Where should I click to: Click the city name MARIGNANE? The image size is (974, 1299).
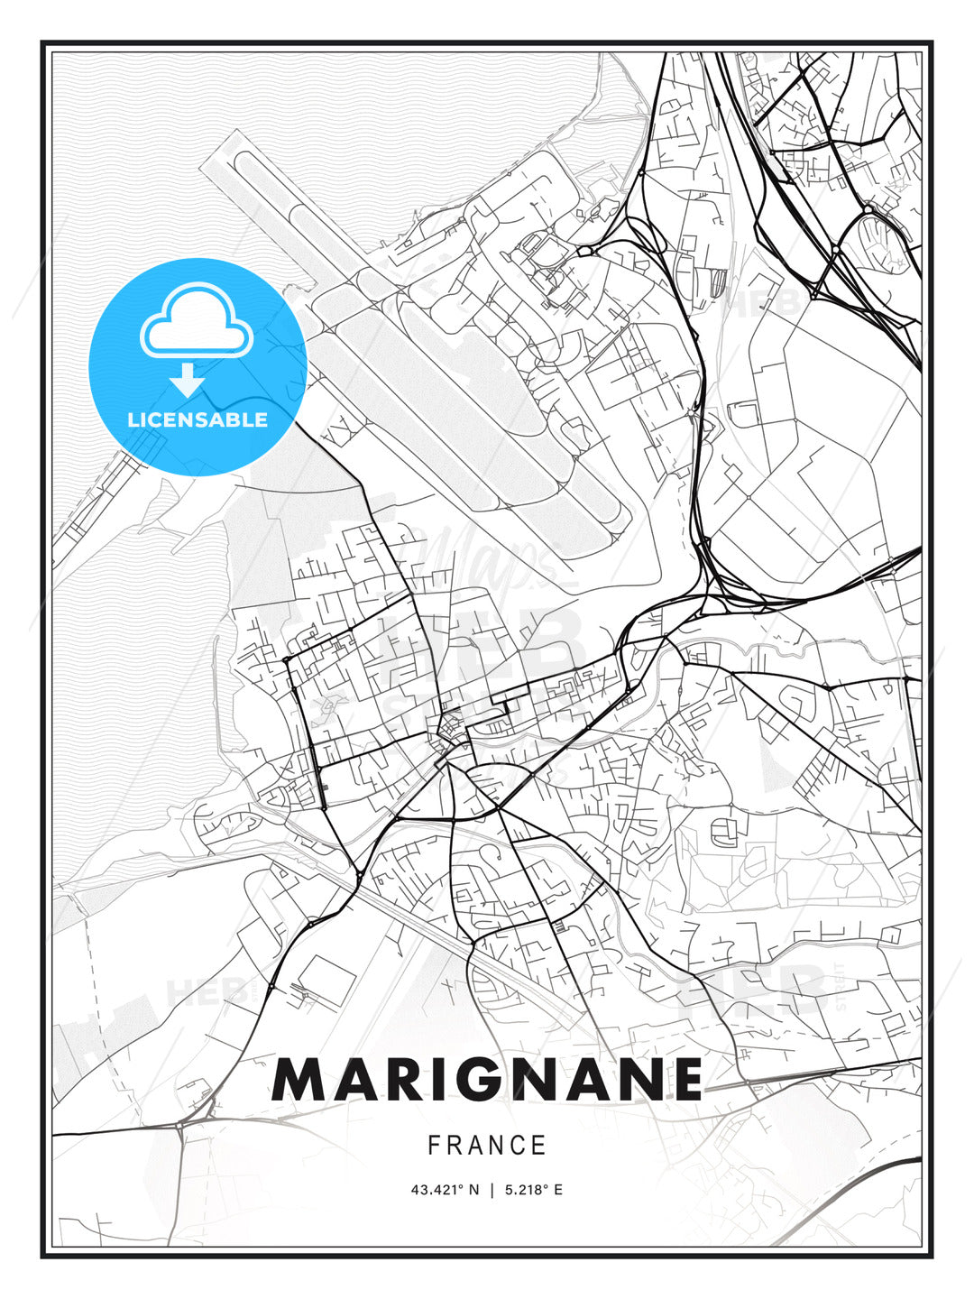[x=487, y=1078]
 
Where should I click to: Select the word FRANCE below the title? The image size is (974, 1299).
[x=487, y=1146]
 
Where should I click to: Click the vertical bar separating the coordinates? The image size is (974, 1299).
[x=492, y=1190]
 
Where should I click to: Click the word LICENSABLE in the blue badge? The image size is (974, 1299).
[x=198, y=419]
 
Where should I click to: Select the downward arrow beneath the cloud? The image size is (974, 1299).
[x=188, y=380]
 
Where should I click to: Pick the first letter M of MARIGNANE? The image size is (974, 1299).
[x=295, y=1078]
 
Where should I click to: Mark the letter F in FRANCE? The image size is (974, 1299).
[x=434, y=1146]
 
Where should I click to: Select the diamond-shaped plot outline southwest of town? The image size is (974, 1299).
[x=326, y=978]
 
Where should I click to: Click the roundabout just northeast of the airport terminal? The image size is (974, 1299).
[x=583, y=250]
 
